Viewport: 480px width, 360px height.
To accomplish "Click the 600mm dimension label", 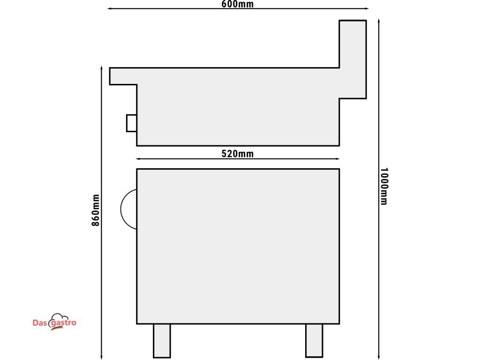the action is [238, 4].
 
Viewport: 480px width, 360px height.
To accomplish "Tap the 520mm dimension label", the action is [238, 153].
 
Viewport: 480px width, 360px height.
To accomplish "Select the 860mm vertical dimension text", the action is [96, 210].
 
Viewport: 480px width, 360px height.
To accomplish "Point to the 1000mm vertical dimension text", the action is [384, 186].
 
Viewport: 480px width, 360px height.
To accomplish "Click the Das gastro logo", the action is [54, 322].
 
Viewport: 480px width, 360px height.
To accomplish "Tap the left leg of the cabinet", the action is [162, 340].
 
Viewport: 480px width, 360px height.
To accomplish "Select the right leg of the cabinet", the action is [314, 340].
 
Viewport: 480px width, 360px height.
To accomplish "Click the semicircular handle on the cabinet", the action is [121, 209].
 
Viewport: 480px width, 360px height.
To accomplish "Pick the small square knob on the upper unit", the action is [132, 123].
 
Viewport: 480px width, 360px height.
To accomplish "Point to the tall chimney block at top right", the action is [352, 60].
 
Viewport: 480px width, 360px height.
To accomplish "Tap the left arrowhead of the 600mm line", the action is [109, 8].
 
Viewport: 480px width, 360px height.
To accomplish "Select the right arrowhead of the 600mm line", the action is [367, 8].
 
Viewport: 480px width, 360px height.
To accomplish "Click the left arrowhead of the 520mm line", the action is [138, 159].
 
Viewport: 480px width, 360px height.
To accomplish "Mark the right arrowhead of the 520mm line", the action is [337, 159].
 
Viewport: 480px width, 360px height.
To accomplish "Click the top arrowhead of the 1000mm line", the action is [379, 21].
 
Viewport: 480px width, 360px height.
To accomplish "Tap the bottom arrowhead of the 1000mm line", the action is [379, 357].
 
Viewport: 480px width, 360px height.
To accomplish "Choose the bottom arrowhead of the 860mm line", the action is [101, 357].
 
